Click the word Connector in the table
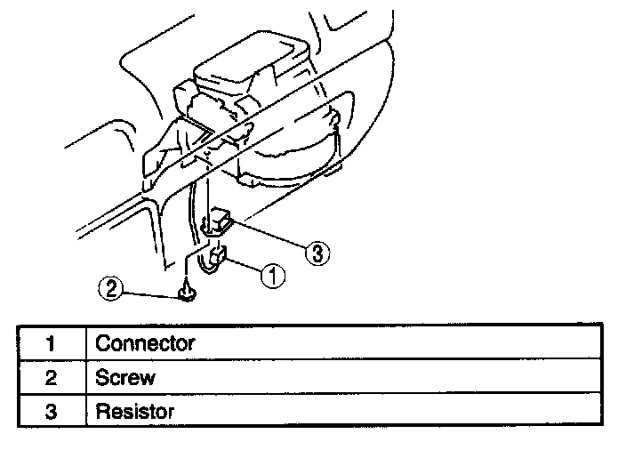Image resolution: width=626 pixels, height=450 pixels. (x=144, y=342)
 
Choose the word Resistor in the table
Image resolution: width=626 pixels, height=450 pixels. (x=134, y=412)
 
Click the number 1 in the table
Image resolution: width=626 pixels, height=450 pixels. (x=51, y=342)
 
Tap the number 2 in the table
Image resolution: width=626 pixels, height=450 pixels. (x=51, y=377)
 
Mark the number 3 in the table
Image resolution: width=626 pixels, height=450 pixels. (x=51, y=412)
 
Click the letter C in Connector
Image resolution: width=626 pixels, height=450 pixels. (x=101, y=342)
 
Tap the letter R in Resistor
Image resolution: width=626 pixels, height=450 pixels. (x=101, y=412)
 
